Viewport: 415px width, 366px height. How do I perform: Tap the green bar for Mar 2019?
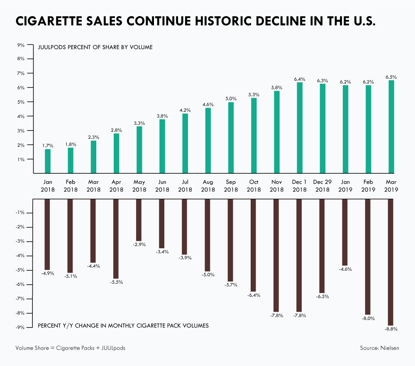tap(391, 126)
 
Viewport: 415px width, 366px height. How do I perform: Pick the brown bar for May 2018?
tap(139, 220)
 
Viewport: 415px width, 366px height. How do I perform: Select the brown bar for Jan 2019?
tap(345, 232)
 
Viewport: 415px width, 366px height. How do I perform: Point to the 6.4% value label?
tap(299, 79)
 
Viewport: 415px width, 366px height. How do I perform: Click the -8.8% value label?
tap(391, 329)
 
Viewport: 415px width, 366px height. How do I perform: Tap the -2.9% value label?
tap(139, 245)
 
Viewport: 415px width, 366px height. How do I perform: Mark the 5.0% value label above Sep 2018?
tap(231, 99)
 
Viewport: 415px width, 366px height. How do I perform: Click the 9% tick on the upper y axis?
tap(21, 44)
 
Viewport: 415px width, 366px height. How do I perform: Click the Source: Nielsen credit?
tap(379, 348)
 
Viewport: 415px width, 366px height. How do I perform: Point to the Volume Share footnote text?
tap(70, 348)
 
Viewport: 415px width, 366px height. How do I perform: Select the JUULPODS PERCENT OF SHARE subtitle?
tap(95, 47)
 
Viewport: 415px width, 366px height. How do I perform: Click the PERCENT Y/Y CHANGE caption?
tap(123, 325)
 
